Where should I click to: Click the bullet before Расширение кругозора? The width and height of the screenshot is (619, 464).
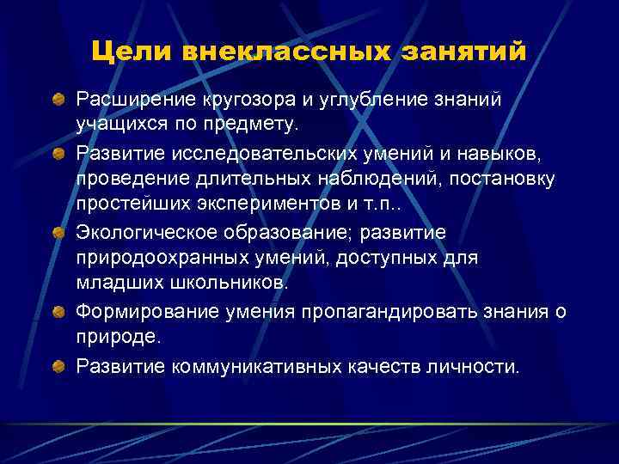click(57, 101)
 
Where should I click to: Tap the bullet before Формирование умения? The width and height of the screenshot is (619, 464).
click(57, 312)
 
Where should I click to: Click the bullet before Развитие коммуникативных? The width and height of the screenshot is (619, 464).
click(57, 369)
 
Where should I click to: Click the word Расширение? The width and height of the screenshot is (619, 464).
click(136, 101)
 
